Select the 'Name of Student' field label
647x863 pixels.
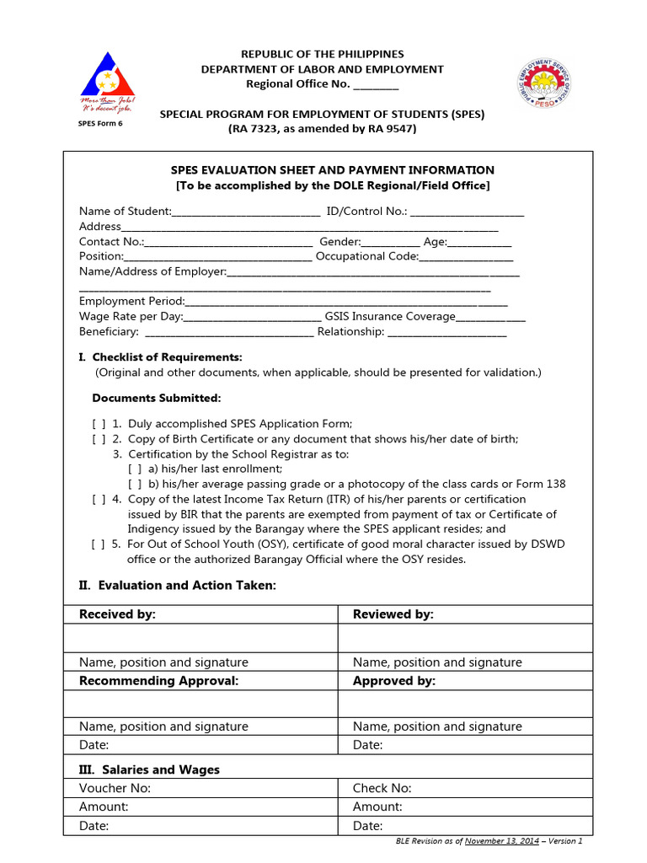125,211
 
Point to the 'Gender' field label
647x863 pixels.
340,241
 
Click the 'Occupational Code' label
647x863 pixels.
366,256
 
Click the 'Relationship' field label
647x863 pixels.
349,332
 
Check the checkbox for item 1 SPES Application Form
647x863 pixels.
99,424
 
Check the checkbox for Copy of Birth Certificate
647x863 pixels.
99,439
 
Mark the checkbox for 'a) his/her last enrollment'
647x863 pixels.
135,469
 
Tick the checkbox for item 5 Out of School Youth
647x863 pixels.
99,544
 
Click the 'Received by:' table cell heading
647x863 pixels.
117,614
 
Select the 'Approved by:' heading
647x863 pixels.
393,681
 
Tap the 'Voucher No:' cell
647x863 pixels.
115,788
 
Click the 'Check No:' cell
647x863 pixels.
382,788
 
